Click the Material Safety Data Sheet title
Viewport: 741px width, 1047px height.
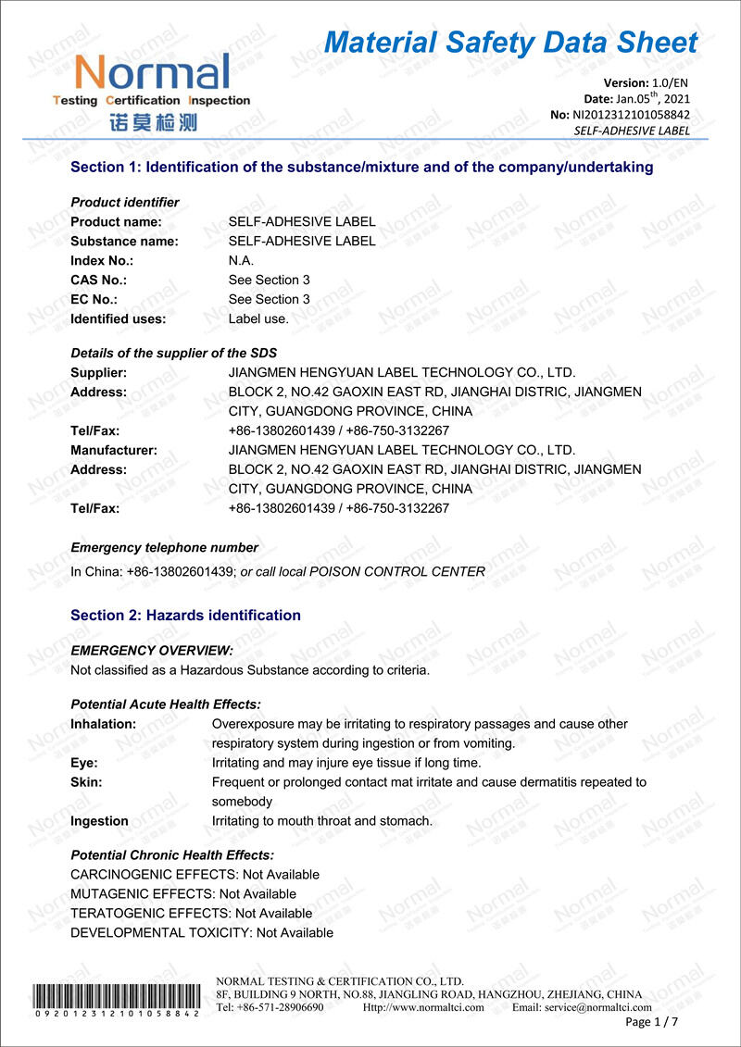pos(510,43)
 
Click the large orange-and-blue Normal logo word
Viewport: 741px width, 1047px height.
pos(152,72)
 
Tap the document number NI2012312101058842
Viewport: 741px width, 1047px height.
pos(633,115)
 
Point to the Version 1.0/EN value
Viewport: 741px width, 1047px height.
pos(671,83)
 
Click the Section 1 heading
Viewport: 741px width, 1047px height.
pos(362,168)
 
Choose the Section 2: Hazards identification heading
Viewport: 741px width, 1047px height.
pos(185,616)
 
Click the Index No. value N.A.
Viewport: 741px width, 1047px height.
pos(241,261)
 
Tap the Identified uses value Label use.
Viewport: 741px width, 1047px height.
pos(258,319)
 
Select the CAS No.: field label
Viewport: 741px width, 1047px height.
pos(98,280)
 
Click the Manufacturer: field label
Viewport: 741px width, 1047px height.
pos(114,451)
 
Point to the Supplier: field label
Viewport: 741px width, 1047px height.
pos(98,373)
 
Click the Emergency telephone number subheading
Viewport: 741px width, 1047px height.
pos(164,548)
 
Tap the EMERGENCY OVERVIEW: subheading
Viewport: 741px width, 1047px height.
pos(152,651)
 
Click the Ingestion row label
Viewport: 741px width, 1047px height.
pos(99,821)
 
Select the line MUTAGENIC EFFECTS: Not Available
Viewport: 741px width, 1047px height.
pos(183,894)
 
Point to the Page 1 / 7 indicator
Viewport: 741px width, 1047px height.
pos(652,1022)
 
